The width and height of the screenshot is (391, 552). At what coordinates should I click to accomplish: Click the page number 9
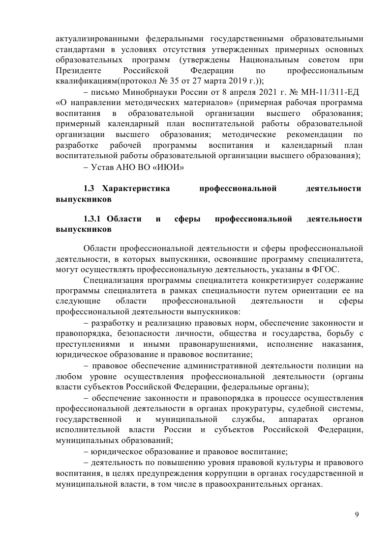(357, 514)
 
